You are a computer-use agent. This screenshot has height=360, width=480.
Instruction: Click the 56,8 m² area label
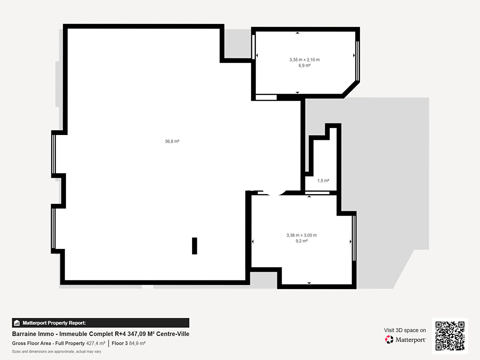tap(172, 141)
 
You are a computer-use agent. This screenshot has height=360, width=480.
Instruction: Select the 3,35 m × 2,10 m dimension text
tap(304, 60)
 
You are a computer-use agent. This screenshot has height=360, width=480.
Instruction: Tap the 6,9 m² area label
tap(304, 65)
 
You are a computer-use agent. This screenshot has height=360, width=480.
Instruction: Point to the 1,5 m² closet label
tap(323, 181)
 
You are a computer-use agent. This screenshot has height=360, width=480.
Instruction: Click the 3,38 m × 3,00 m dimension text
tap(302, 235)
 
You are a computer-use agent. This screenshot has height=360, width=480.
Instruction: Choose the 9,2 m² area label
tap(302, 241)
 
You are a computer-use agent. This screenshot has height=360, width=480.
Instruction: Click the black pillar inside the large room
tap(194, 246)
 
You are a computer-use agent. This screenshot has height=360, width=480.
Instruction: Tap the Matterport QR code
tap(450, 336)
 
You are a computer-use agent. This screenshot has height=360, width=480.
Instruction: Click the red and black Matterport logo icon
tap(389, 339)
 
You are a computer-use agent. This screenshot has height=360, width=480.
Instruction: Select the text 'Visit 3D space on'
tap(405, 330)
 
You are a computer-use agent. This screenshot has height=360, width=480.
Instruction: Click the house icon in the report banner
tap(17, 323)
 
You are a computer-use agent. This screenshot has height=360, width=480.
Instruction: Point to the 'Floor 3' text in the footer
tap(120, 343)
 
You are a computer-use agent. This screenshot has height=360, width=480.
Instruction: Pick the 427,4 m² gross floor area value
tap(96, 343)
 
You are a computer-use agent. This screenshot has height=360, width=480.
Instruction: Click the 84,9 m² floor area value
tap(137, 343)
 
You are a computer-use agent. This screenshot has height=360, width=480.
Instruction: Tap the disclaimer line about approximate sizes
tap(57, 351)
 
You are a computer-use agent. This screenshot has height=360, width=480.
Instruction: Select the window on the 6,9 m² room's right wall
tap(358, 61)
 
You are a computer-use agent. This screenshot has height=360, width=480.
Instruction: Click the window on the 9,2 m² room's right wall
tap(354, 238)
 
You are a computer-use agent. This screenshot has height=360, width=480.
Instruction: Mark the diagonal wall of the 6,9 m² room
tap(351, 89)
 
